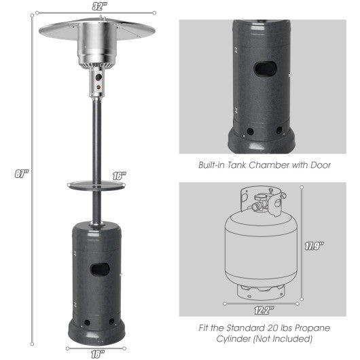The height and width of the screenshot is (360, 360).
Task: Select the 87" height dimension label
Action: pos(23,174)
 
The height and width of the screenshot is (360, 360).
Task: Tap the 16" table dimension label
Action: pos(120,175)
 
